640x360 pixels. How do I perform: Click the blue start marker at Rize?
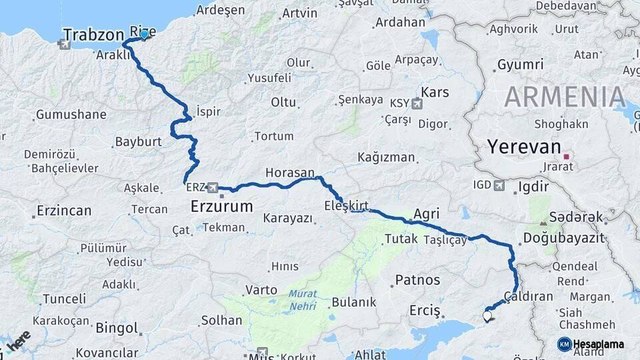144,34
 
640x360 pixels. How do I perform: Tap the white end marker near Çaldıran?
487,317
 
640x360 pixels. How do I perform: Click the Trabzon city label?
93,35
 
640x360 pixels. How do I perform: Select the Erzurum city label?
221,207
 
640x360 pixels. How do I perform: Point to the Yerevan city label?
521,147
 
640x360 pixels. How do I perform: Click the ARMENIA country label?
565,97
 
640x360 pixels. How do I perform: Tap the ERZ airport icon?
213,187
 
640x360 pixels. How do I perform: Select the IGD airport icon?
499,185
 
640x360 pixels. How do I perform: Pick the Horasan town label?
289,173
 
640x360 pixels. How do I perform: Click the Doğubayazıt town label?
563,238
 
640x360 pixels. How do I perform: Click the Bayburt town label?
139,142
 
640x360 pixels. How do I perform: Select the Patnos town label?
417,280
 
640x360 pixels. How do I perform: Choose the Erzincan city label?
63,211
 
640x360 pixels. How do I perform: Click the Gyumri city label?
520,65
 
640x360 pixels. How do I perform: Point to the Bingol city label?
117,328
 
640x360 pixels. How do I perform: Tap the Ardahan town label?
400,23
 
